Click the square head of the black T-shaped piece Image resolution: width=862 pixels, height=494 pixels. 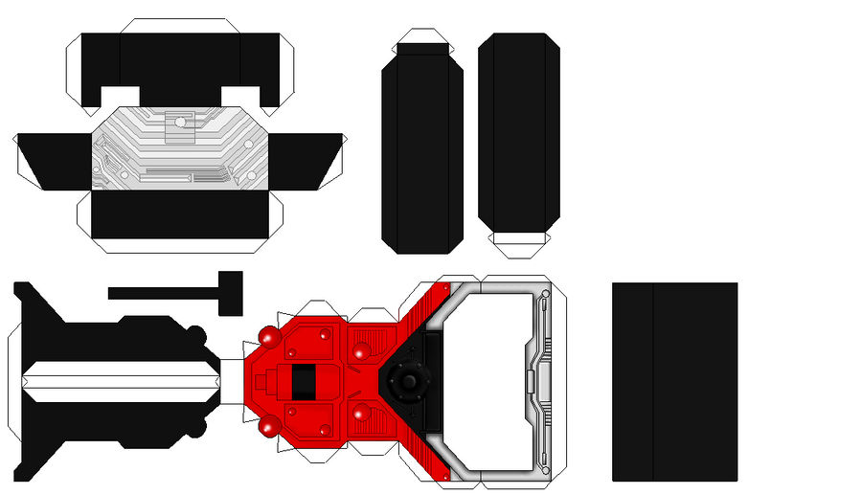point(231,291)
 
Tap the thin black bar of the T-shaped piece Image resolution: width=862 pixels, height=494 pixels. point(164,292)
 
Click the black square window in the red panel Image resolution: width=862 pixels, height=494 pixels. point(303,383)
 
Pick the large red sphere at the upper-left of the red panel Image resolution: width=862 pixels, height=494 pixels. point(269,339)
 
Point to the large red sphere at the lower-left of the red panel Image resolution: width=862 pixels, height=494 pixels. point(269,424)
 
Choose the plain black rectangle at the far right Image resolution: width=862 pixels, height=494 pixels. point(674,381)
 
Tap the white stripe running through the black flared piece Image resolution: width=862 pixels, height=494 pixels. point(120,381)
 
